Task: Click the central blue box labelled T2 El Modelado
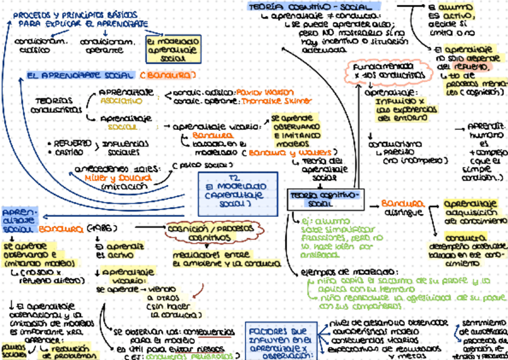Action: [x=238, y=193]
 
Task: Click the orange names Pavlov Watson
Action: [x=265, y=93]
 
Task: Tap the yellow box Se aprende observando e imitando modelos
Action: [x=295, y=131]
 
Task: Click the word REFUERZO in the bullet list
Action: [x=72, y=144]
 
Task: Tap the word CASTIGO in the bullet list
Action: [x=69, y=153]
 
